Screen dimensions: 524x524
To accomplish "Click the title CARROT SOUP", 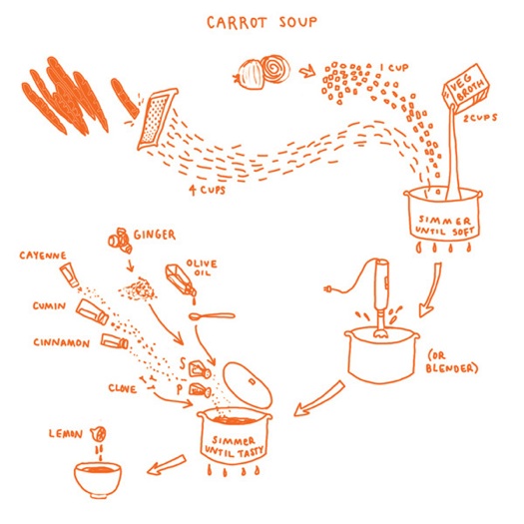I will pyautogui.click(x=262, y=21).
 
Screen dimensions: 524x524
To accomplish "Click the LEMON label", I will pyautogui.click(x=65, y=433).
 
